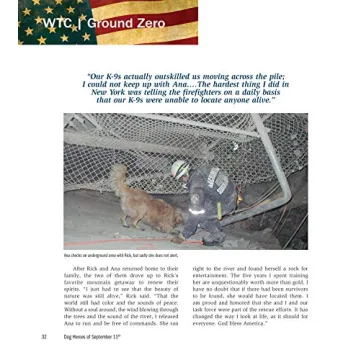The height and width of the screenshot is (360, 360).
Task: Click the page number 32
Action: (x=43, y=337)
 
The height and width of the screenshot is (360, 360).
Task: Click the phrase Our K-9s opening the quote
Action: (x=105, y=74)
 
